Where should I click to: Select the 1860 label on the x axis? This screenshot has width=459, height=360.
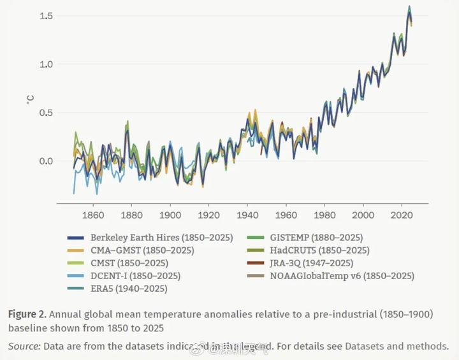tap(93, 215)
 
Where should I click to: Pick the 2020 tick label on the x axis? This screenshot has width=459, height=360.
tap(402, 215)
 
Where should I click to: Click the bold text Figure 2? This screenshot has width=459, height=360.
tap(27, 314)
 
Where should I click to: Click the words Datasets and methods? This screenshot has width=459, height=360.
tap(396, 347)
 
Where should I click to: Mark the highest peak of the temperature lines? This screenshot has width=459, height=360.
tap(409, 7)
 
